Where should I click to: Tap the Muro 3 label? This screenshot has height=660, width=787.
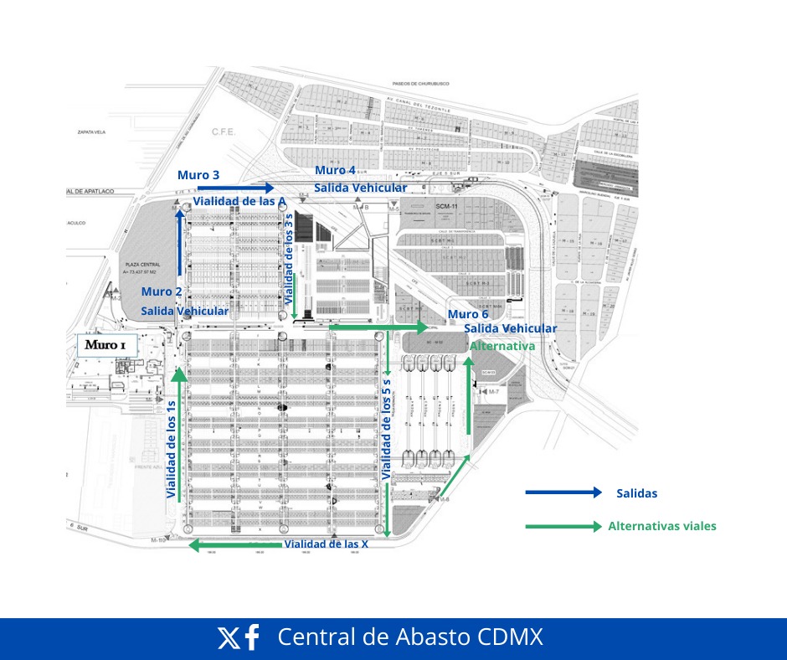click(x=198, y=175)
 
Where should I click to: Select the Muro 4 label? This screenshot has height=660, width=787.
click(x=335, y=170)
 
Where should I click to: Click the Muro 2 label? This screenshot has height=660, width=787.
click(x=162, y=291)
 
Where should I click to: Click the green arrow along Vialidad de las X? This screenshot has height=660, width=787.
click(x=237, y=545)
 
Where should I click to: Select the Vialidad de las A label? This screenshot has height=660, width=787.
click(x=240, y=202)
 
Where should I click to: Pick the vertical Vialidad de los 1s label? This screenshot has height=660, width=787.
click(x=171, y=450)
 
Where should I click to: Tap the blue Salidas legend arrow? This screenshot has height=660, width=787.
click(x=563, y=492)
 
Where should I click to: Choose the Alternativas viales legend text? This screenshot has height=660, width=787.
click(x=661, y=526)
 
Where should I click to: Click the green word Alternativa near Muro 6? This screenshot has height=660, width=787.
click(x=502, y=345)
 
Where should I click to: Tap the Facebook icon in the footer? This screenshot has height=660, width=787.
click(x=251, y=638)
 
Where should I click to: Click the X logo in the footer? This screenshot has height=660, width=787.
click(x=228, y=638)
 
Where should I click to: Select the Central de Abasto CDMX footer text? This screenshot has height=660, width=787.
click(x=410, y=637)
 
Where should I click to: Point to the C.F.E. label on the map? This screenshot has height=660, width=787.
click(x=223, y=131)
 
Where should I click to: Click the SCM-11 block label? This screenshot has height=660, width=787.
click(x=447, y=206)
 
